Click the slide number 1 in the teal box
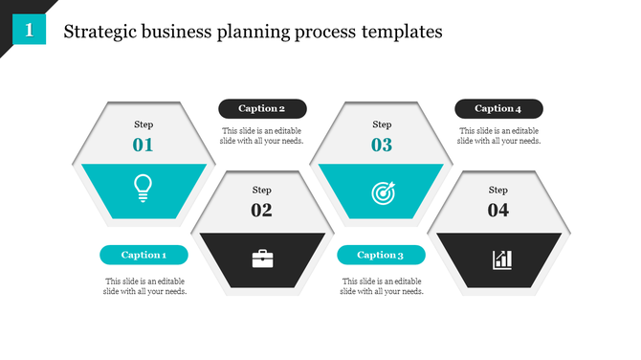pyautogui.click(x=30, y=31)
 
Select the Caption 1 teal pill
pyautogui.click(x=144, y=255)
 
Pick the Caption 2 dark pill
pyautogui.click(x=262, y=109)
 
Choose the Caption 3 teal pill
pyautogui.click(x=381, y=255)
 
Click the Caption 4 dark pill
pyautogui.click(x=498, y=109)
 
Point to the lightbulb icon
pyautogui.click(x=144, y=187)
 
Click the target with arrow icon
pyautogui.click(x=382, y=192)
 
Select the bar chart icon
pyautogui.click(x=501, y=259)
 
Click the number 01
pyautogui.click(x=144, y=146)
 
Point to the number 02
pyautogui.click(x=261, y=211)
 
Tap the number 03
pyautogui.click(x=382, y=146)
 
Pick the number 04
pyautogui.click(x=498, y=211)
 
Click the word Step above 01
pyautogui.click(x=144, y=124)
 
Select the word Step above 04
pyautogui.click(x=498, y=190)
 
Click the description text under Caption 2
pyautogui.click(x=262, y=136)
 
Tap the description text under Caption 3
pyautogui.click(x=381, y=286)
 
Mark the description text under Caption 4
pyautogui.click(x=498, y=136)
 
